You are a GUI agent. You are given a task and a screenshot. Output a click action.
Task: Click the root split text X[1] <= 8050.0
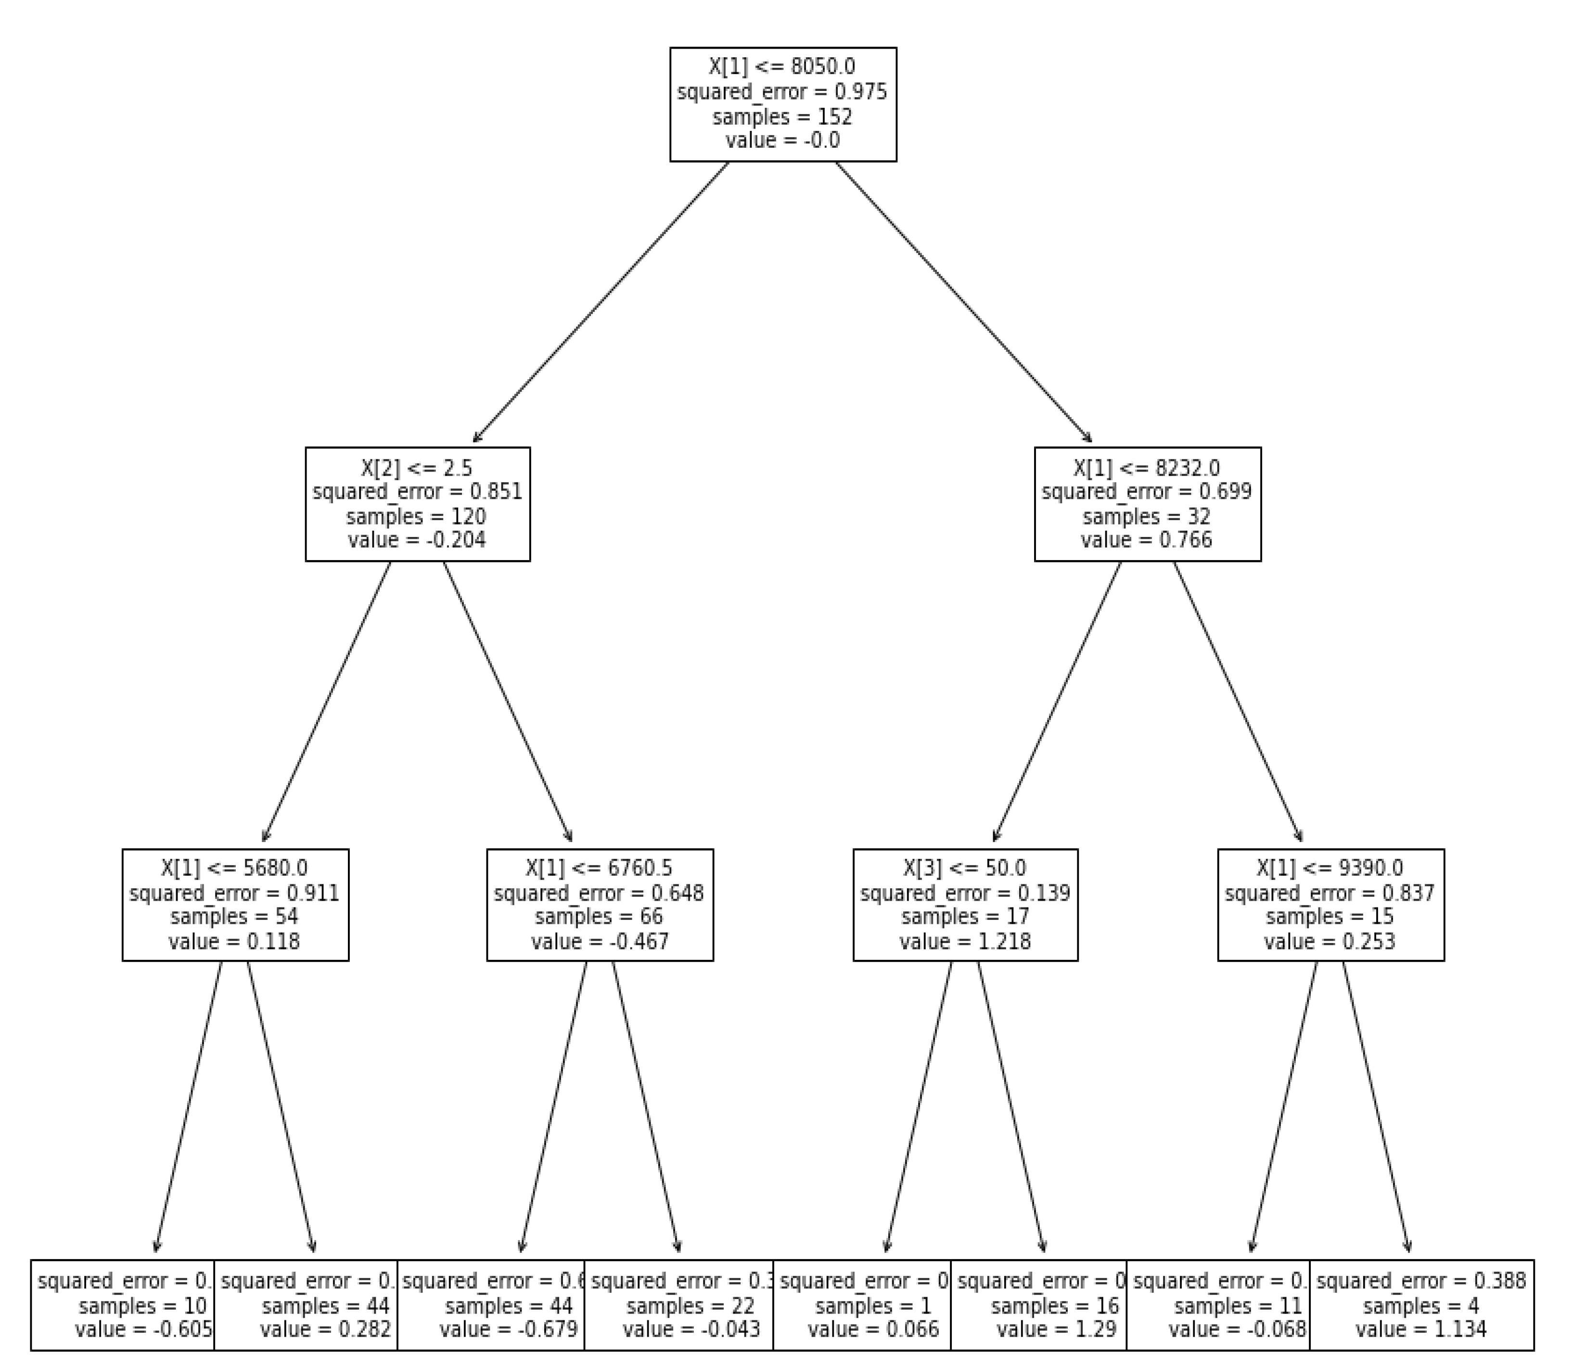[x=782, y=67]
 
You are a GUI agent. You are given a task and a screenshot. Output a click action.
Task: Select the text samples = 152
[x=782, y=116]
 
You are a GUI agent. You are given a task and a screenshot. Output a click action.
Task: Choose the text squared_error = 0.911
[x=235, y=893]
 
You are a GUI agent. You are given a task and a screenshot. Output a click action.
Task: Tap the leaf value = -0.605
[x=143, y=1330]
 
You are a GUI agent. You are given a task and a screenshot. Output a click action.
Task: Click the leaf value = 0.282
[x=325, y=1330]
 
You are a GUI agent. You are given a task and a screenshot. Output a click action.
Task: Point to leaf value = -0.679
[x=508, y=1330]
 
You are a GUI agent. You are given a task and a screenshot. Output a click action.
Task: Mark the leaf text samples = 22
[x=690, y=1306]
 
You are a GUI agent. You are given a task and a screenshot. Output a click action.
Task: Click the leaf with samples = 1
[x=873, y=1306]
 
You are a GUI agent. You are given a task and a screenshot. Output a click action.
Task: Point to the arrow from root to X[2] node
[x=600, y=303]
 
